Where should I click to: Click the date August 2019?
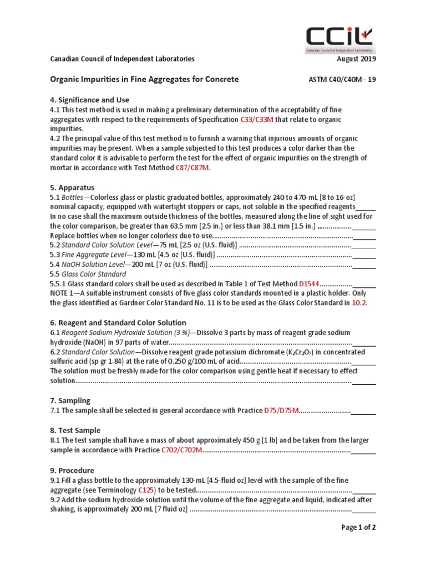coord(356,59)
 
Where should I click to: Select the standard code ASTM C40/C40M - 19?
coord(342,79)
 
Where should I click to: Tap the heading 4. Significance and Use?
coord(90,100)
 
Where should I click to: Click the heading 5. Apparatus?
coord(72,187)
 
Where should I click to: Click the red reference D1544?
coord(309,283)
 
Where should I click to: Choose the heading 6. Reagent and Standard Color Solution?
coord(118,322)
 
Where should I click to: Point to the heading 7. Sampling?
coord(70,400)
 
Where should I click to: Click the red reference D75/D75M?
coord(281,410)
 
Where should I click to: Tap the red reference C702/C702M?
coord(181,450)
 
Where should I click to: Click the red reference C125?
coord(146,490)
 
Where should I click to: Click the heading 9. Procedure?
coord(72,470)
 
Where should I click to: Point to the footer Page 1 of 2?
coord(358,527)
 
